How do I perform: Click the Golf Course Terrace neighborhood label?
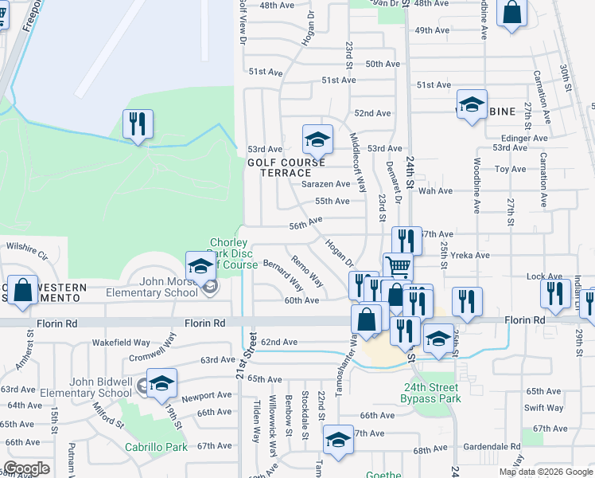pyautogui.click(x=286, y=167)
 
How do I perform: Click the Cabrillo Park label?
pyautogui.click(x=157, y=447)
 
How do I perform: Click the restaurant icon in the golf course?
pyautogui.click(x=138, y=124)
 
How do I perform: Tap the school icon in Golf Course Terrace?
pyautogui.click(x=317, y=139)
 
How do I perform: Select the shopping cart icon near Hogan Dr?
pyautogui.click(x=398, y=266)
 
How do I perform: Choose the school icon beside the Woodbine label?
pyautogui.click(x=471, y=106)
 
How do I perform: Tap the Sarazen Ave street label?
pyautogui.click(x=325, y=184)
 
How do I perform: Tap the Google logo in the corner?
pyautogui.click(x=26, y=468)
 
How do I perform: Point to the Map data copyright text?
pyautogui.click(x=546, y=472)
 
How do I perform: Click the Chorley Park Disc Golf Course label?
pyautogui.click(x=233, y=253)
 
